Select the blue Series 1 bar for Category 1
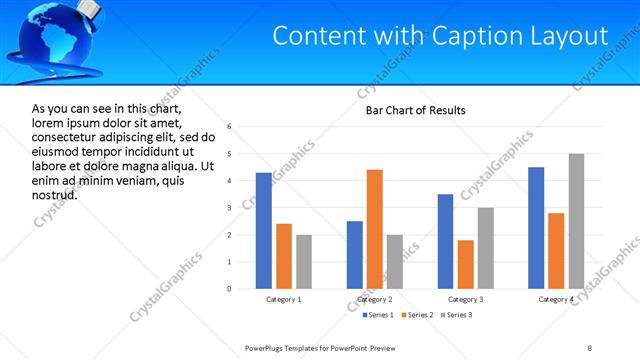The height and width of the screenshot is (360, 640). pos(264,231)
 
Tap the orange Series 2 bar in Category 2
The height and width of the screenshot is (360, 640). pos(375,229)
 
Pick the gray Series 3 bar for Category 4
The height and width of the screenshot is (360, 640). pos(576,221)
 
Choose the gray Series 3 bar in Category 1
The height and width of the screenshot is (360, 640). pos(304,262)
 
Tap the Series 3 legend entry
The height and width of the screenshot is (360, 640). pos(456,316)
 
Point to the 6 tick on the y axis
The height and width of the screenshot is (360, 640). pos(229,127)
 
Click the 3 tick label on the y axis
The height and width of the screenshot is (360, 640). pos(229,208)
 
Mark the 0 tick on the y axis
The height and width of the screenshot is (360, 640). pos(229,289)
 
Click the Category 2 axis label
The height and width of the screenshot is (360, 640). pos(375,299)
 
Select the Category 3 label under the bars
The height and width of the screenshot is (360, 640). pos(465,299)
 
